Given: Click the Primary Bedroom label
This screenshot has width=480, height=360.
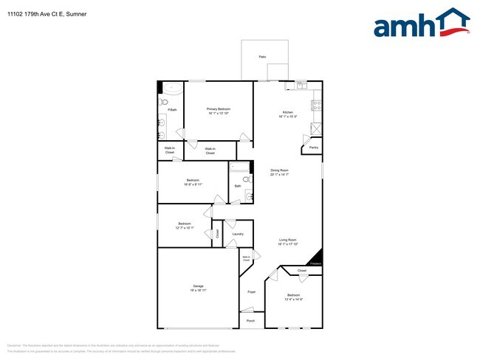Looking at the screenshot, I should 219,109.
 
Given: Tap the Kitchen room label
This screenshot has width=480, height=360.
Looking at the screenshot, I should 287,112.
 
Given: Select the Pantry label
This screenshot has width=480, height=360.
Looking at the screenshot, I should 313,148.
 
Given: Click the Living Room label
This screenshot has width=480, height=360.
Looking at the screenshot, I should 287,240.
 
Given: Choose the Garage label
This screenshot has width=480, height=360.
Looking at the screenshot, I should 198,285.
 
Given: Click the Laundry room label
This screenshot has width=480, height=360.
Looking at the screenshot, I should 237,234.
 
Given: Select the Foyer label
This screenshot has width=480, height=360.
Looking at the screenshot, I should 251,293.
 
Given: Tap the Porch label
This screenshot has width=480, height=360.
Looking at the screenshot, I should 250,321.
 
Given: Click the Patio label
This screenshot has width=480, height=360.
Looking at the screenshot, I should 262,56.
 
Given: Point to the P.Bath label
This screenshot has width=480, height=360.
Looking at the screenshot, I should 171,109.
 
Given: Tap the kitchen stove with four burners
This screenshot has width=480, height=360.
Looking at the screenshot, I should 317,105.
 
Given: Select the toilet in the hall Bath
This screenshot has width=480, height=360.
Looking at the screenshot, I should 248,196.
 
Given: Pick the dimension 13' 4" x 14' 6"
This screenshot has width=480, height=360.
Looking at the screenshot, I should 294,299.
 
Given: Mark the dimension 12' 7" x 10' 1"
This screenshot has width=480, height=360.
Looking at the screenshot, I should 185,228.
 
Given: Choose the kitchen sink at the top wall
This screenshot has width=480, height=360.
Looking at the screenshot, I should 302,86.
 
